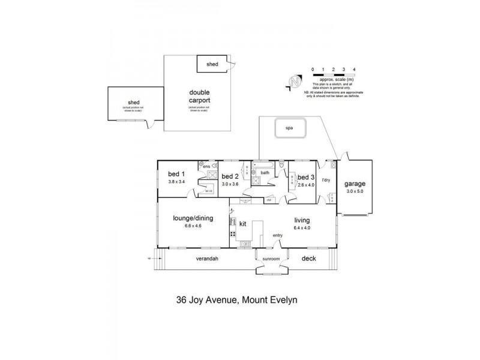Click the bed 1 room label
(x=176, y=174)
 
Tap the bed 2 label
(x=230, y=176)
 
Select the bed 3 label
(x=306, y=177)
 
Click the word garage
(x=355, y=184)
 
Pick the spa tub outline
(x=290, y=128)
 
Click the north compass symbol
(x=293, y=82)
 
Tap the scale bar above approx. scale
(x=334, y=75)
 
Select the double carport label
(x=199, y=97)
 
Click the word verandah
(x=206, y=259)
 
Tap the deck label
(x=309, y=259)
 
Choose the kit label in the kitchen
(x=243, y=223)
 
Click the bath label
(x=265, y=172)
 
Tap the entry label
(x=277, y=235)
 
